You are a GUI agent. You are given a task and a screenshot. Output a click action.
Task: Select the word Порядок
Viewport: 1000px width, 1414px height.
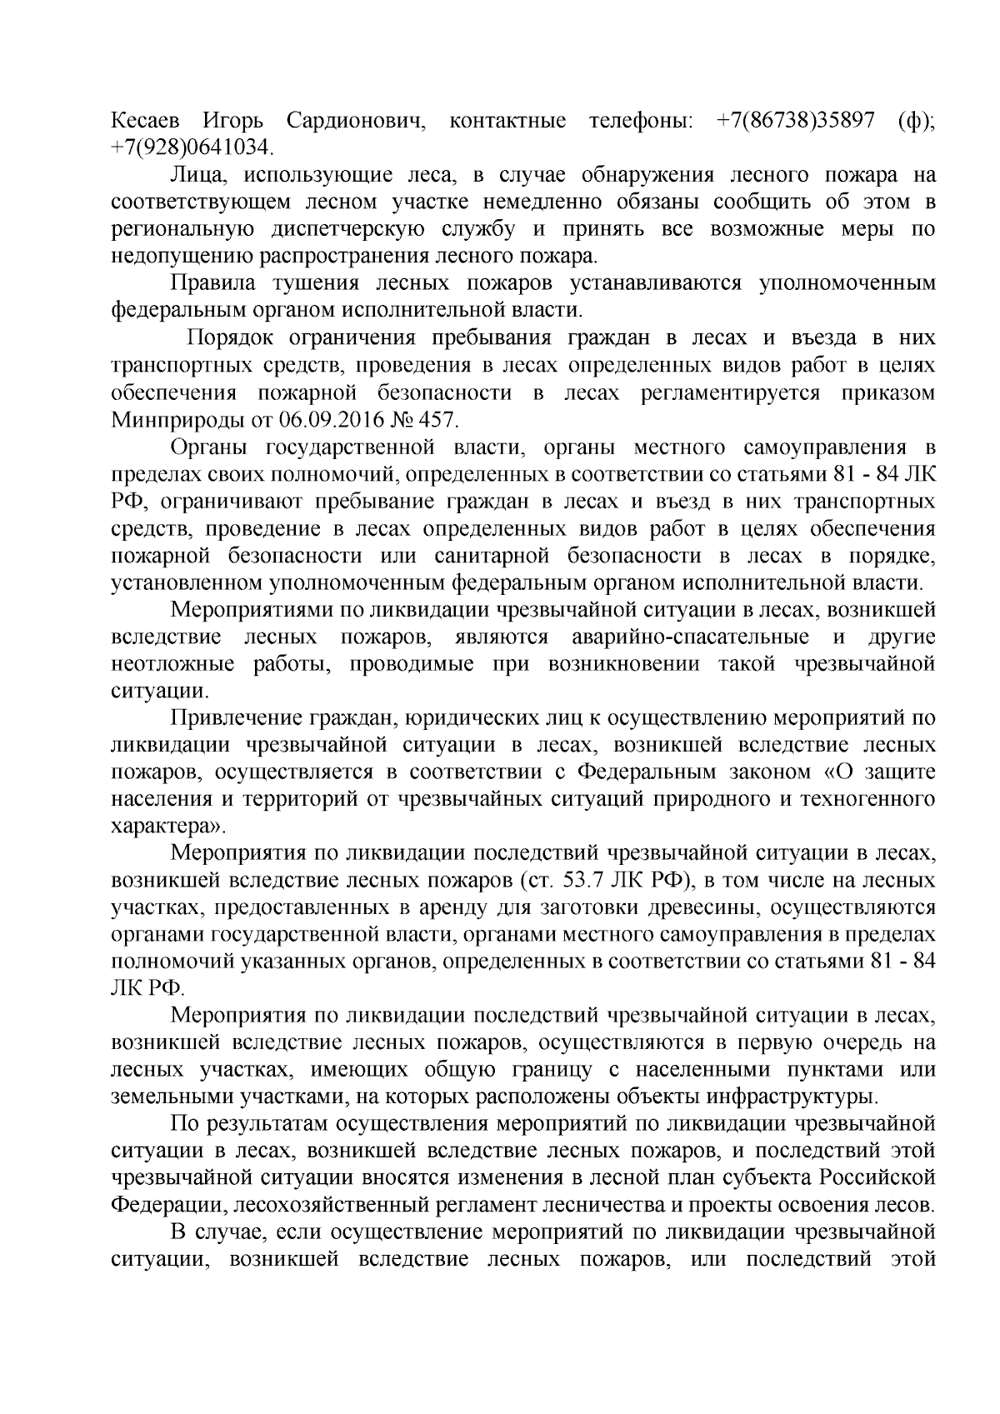click(x=230, y=338)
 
